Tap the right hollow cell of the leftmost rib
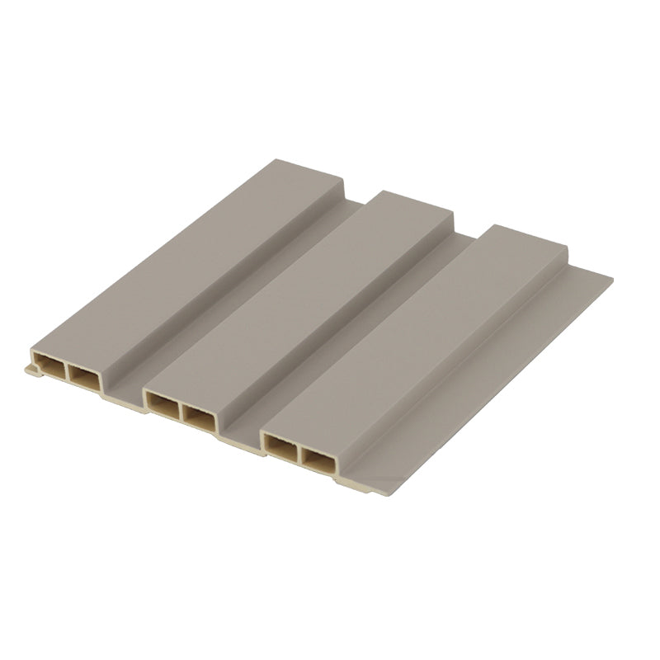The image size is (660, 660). coord(82,379)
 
